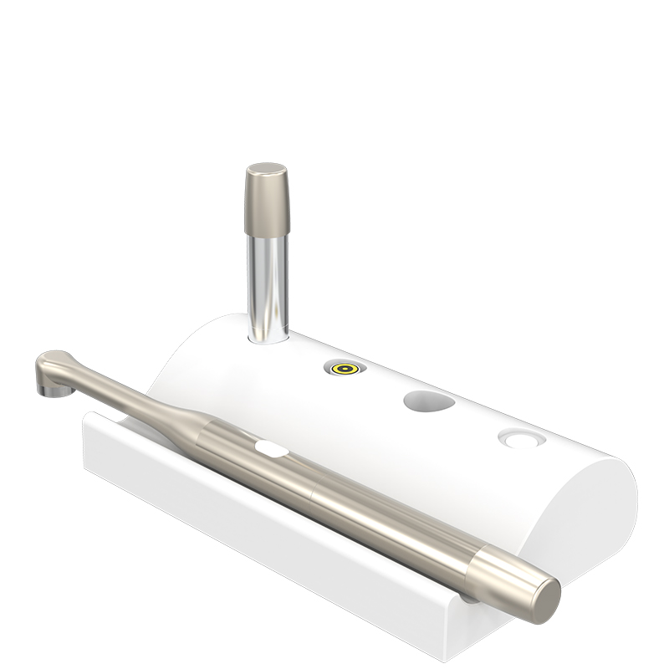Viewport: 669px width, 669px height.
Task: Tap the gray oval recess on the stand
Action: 429,401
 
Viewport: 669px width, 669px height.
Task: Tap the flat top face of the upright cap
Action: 266,169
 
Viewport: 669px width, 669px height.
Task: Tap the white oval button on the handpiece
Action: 272,450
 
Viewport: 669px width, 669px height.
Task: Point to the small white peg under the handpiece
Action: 469,597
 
